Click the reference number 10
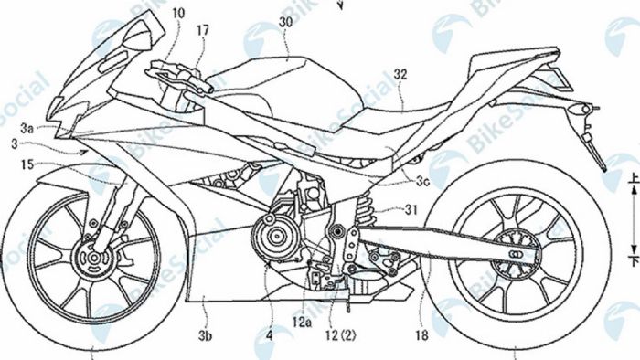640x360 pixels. [x=176, y=14]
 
